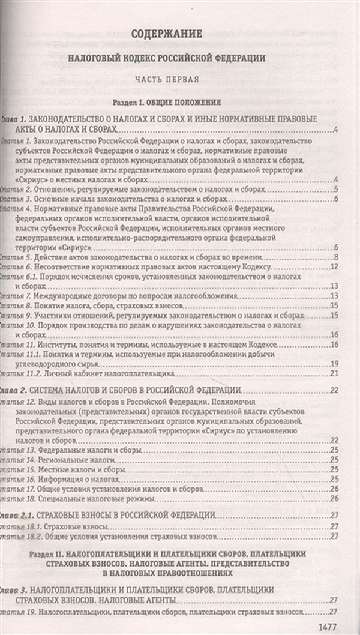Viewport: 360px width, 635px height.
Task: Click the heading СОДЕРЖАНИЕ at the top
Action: [x=164, y=33]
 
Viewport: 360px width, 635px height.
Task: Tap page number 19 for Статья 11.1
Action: [x=336, y=363]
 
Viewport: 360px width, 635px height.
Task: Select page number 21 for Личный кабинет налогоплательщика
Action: [x=336, y=373]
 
